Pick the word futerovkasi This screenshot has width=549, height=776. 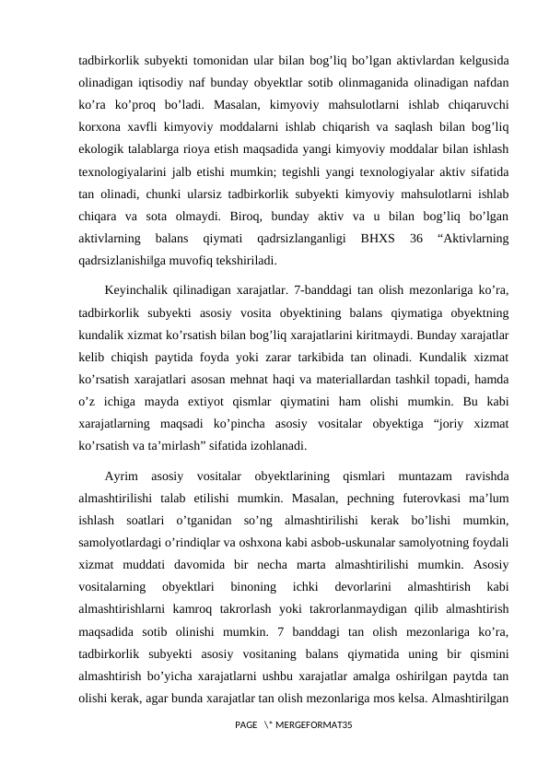[x=410, y=499]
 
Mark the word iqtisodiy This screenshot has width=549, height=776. [x=148, y=84]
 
